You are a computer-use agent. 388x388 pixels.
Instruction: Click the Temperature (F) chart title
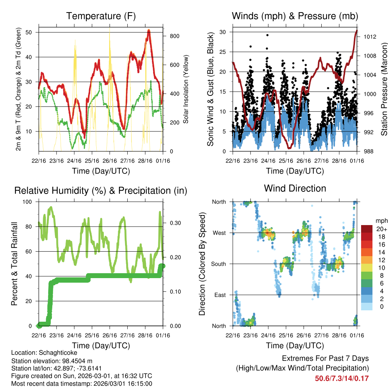click(x=101, y=16)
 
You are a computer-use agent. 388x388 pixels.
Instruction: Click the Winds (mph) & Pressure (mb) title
click(x=295, y=16)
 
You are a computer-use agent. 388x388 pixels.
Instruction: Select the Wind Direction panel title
click(x=295, y=188)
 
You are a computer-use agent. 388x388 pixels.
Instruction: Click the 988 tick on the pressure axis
click(x=367, y=152)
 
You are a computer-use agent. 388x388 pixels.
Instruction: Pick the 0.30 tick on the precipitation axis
click(x=174, y=223)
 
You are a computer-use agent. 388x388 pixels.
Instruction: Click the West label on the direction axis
click(x=219, y=233)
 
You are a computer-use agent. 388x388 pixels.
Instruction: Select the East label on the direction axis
click(x=220, y=295)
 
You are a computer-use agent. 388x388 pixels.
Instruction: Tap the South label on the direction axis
click(x=218, y=264)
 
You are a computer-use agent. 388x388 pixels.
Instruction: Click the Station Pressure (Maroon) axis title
click(x=383, y=89)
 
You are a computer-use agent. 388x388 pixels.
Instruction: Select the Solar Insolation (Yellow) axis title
click(x=186, y=89)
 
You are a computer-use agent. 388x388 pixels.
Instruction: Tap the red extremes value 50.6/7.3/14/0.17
click(x=341, y=378)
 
